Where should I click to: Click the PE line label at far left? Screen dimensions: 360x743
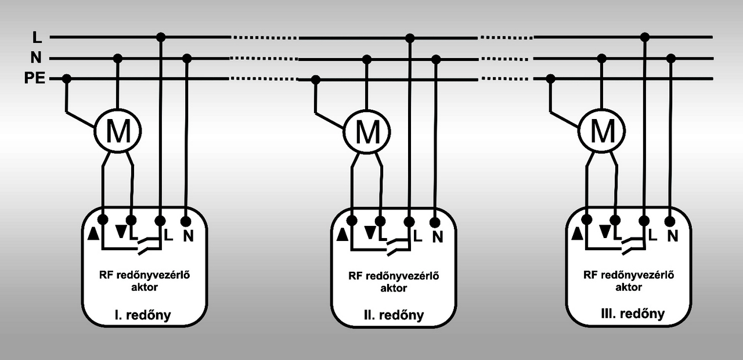(x=35, y=79)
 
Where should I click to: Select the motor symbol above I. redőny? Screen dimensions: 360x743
(x=118, y=132)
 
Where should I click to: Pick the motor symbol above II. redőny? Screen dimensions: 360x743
(x=367, y=132)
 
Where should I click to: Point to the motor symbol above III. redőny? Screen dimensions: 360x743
(x=602, y=131)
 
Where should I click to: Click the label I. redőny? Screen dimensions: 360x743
(x=142, y=315)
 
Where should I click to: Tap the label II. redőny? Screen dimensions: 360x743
(x=394, y=316)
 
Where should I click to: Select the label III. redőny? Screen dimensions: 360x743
(x=632, y=314)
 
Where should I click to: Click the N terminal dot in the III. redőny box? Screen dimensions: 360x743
(x=670, y=221)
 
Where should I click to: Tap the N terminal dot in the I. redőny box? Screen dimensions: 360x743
(x=186, y=221)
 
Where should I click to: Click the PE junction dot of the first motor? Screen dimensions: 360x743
(x=67, y=78)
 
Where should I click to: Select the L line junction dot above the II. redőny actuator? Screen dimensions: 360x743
(x=410, y=38)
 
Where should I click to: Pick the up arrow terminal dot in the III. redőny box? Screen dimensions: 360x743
(x=587, y=219)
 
